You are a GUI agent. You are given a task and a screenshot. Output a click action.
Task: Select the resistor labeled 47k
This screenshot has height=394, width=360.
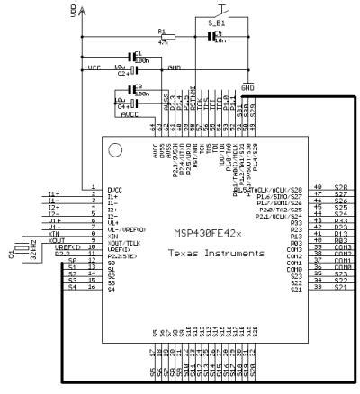click(x=164, y=37)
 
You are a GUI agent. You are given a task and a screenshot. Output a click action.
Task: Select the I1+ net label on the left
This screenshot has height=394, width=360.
click(x=53, y=193)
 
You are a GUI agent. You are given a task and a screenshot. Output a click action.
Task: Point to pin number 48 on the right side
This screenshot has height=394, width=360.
click(x=318, y=188)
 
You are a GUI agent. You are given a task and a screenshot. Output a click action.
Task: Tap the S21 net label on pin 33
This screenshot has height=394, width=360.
click(x=341, y=287)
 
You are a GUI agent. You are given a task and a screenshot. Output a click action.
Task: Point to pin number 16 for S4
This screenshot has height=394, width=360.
click(x=94, y=288)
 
